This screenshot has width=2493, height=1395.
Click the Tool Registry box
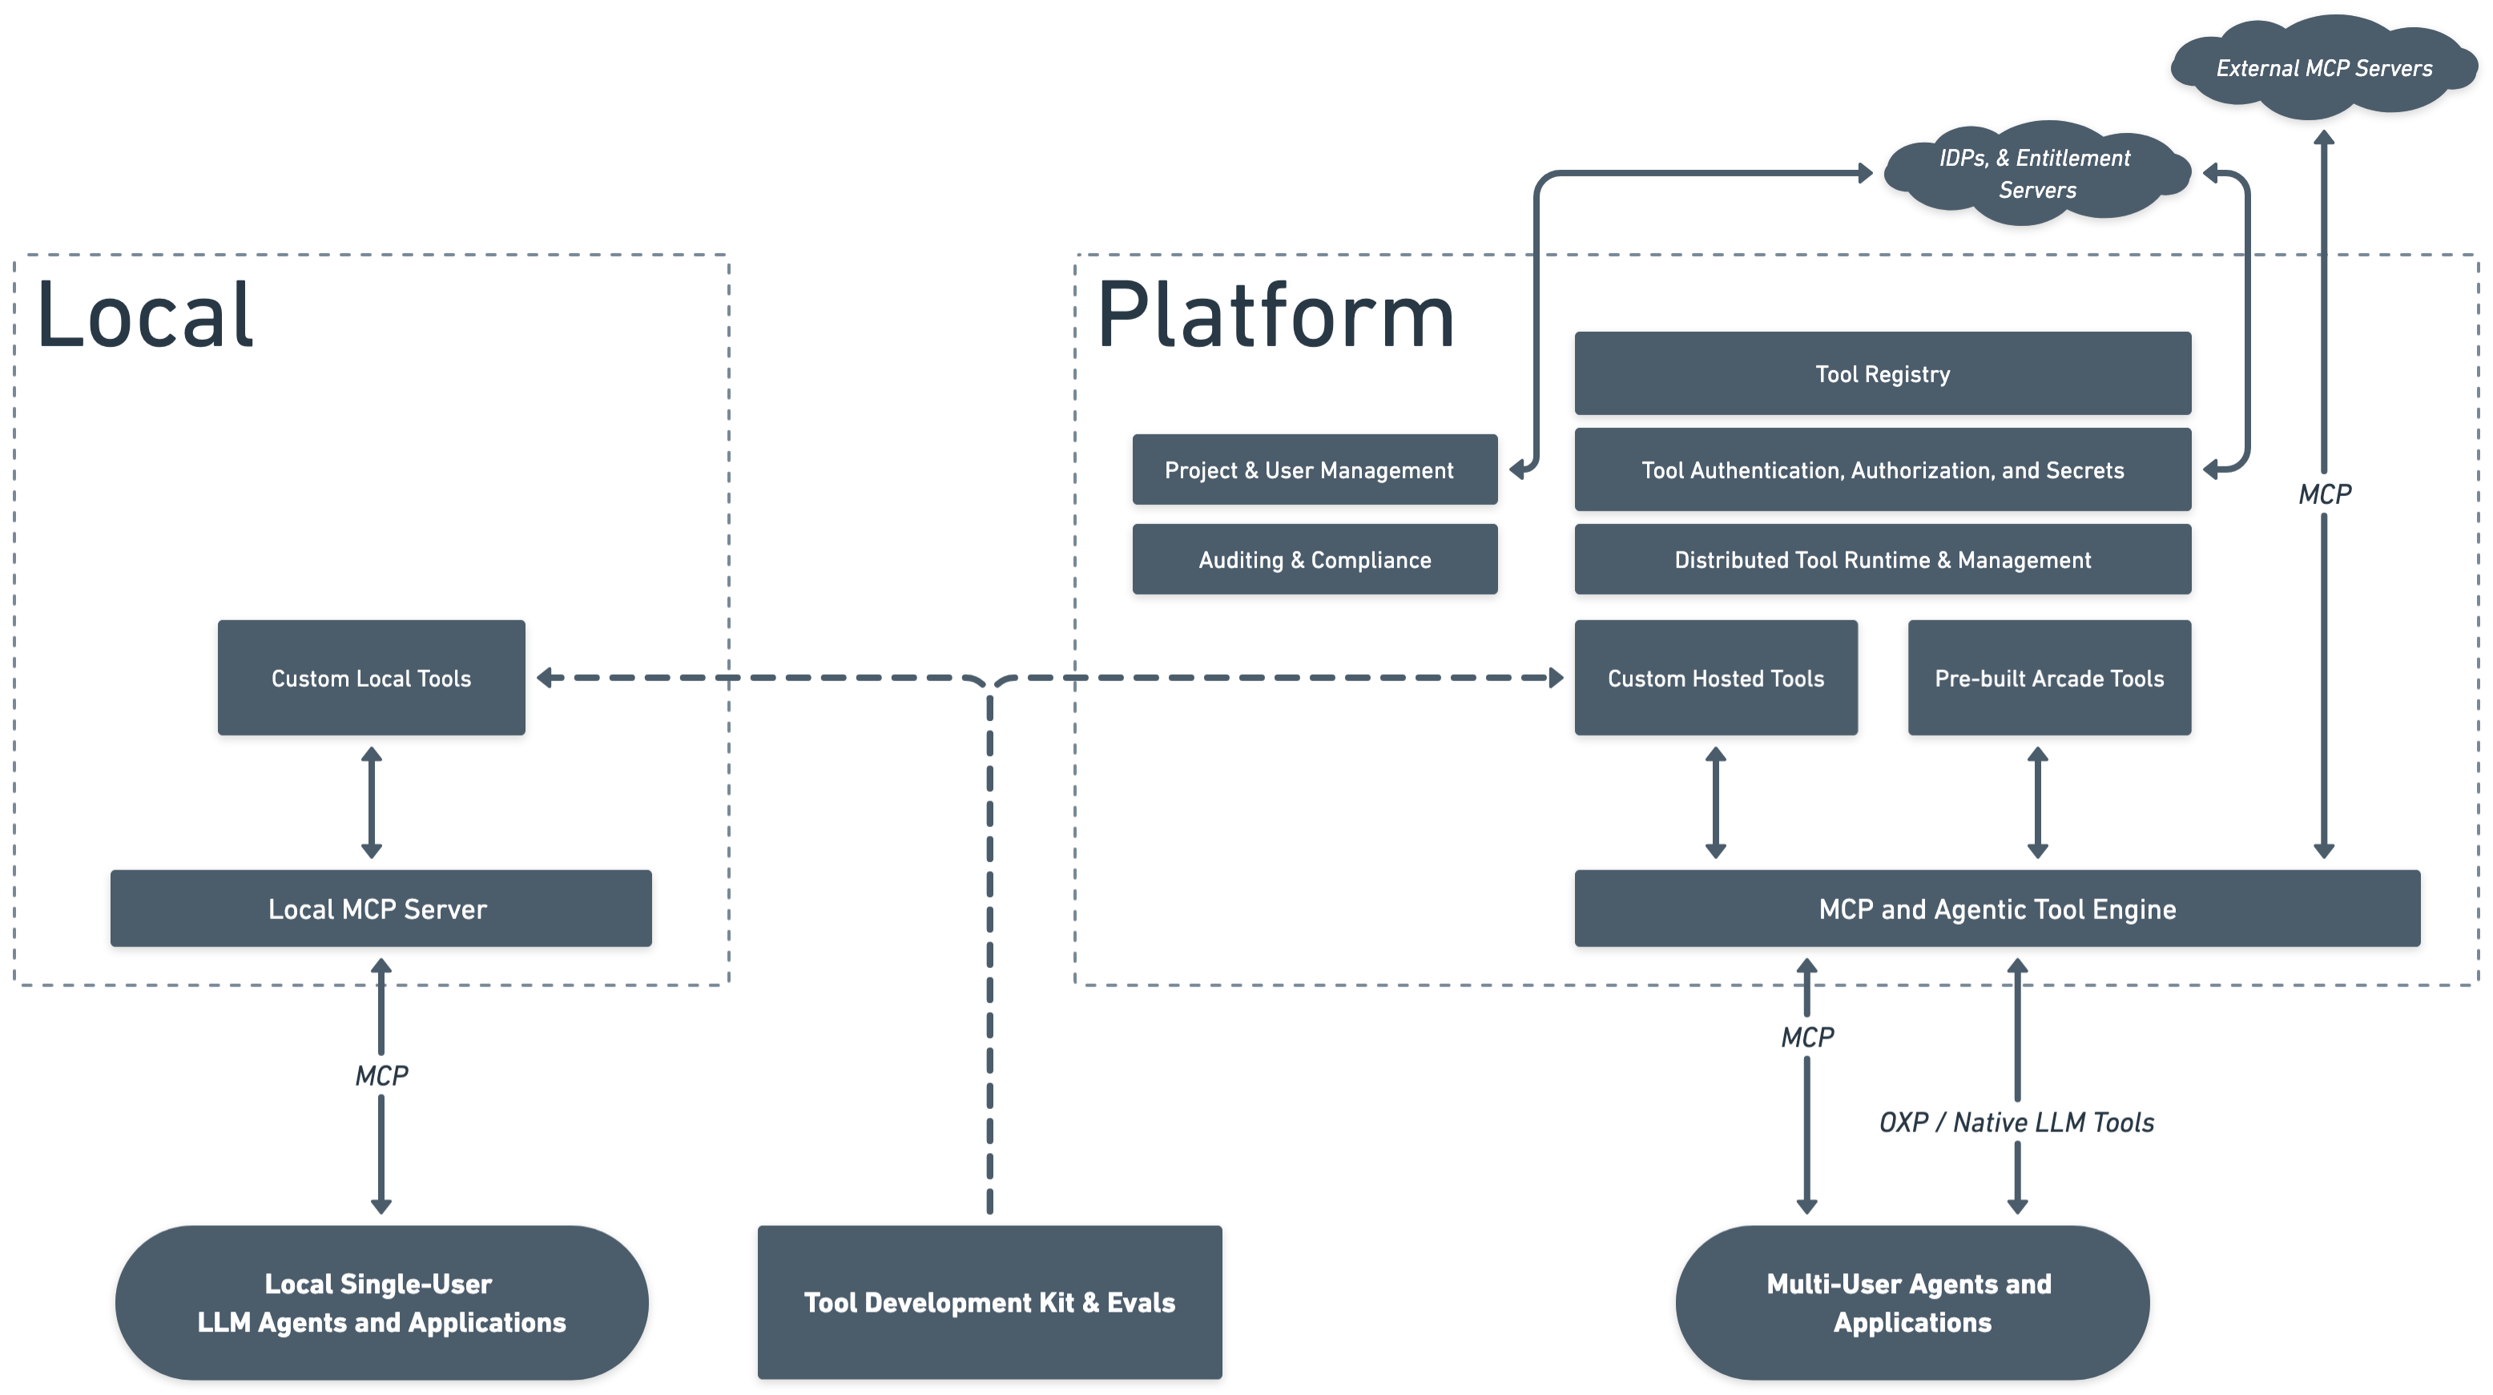click(1883, 373)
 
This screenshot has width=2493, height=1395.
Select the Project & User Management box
click(1315, 470)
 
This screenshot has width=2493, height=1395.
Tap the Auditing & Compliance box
click(1315, 559)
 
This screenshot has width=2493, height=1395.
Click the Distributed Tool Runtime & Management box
click(1883, 559)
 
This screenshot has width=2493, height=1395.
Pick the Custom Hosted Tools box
click(1715, 678)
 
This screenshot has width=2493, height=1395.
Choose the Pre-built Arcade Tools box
click(2048, 678)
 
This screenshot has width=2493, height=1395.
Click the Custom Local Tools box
click(371, 678)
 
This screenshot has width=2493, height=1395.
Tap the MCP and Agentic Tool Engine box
click(1996, 908)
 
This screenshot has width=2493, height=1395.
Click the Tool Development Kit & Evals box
click(989, 1302)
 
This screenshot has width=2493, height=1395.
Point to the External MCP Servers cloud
click(2322, 68)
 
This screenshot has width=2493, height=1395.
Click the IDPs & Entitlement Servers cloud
click(2036, 173)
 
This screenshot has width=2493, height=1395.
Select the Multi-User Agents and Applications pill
click(1911, 1302)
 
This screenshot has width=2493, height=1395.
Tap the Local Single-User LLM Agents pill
click(381, 1302)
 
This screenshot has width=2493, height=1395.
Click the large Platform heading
click(1275, 316)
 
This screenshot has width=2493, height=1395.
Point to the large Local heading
click(145, 316)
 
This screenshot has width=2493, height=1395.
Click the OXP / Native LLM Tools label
click(2016, 1122)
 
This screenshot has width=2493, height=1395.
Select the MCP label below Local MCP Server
click(381, 1075)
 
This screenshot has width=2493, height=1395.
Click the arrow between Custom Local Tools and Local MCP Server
click(372, 801)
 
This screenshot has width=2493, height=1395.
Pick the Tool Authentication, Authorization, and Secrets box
click(1883, 470)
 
